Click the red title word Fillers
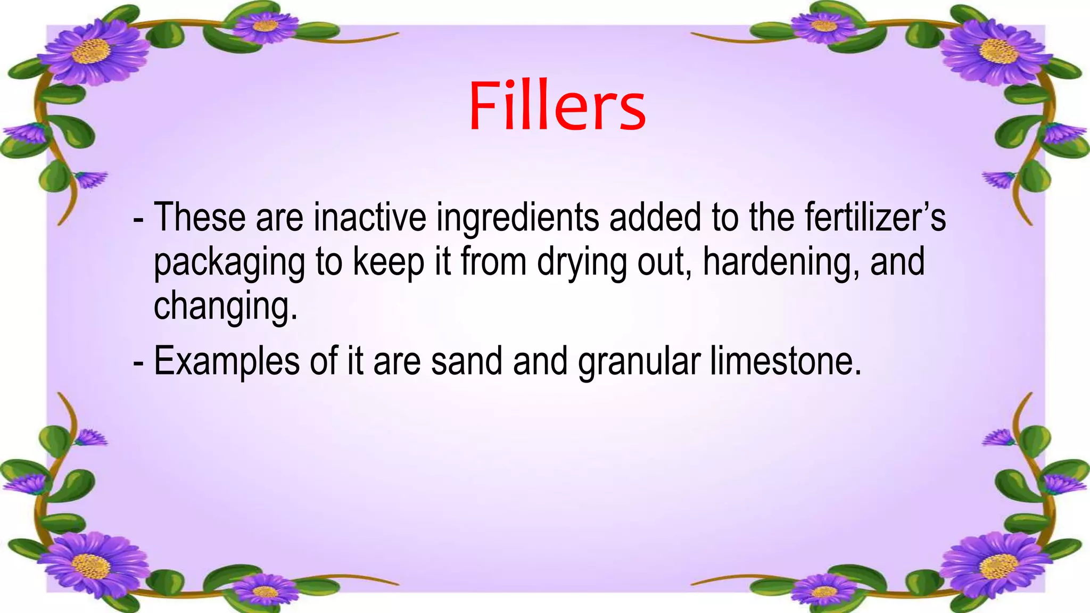[557, 106]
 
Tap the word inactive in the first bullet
[370, 218]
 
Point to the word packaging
[229, 263]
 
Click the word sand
[466, 361]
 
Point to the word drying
[582, 263]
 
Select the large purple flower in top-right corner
[993, 51]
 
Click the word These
[200, 218]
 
